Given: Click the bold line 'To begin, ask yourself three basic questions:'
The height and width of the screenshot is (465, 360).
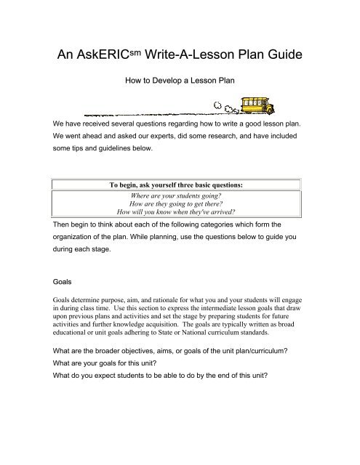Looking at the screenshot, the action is [x=178, y=185].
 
